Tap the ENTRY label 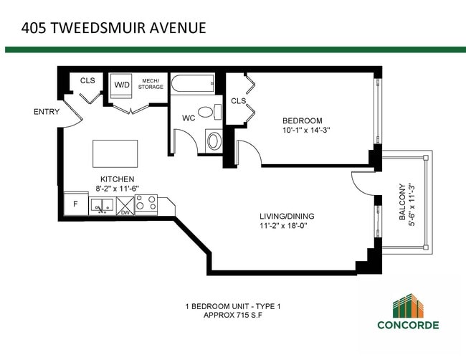[47, 112]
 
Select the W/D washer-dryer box [123, 85]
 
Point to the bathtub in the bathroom [194, 85]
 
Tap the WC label [189, 118]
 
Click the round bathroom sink [214, 139]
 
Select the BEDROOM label [302, 120]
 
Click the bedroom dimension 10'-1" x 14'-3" [306, 131]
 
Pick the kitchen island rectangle [115, 153]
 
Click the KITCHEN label [117, 179]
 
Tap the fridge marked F [75, 204]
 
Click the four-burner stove [146, 204]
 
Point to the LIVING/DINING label [287, 216]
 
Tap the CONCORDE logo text [409, 325]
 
